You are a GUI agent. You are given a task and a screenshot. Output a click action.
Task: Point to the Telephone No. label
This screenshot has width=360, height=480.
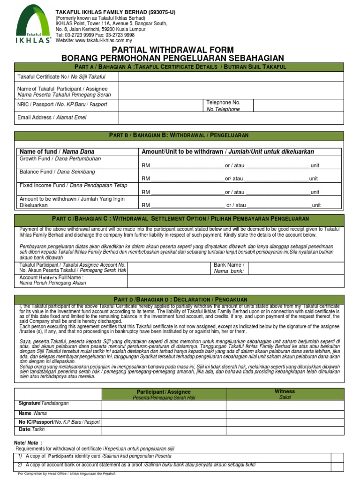(223, 102)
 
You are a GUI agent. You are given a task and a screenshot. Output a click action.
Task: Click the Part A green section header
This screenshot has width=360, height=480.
(180, 67)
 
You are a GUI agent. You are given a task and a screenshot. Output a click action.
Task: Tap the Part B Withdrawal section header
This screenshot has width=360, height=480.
(180, 135)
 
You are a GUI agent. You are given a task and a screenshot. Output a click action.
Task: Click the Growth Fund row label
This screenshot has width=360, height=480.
(60, 159)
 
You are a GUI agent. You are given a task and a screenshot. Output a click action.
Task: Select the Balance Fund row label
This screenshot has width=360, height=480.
(57, 172)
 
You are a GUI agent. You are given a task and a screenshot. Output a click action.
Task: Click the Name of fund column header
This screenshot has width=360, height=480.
(57, 151)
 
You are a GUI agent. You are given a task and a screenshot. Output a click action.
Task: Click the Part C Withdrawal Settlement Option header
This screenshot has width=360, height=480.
(180, 219)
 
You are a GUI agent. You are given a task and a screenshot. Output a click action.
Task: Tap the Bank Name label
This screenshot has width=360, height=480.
(229, 265)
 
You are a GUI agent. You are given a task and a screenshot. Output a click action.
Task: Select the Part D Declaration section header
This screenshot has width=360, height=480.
(180, 300)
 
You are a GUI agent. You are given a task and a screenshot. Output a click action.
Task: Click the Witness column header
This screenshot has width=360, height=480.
(285, 391)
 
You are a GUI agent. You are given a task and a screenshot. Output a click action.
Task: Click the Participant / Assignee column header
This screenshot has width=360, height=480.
(164, 391)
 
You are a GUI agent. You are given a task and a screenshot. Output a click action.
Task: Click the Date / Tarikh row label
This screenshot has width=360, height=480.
(31, 430)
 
